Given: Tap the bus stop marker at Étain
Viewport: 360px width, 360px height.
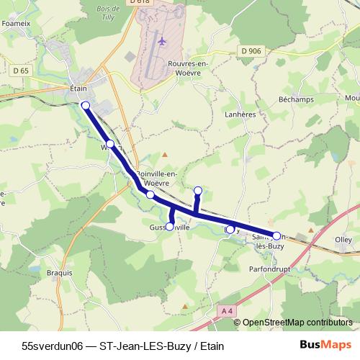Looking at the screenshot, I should (x=86, y=106).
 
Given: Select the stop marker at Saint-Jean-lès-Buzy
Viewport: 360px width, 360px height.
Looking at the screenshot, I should (x=276, y=235).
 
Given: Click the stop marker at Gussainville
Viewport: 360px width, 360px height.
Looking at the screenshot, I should (x=170, y=226).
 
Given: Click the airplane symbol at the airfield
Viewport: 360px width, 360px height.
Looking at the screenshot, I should (x=161, y=42).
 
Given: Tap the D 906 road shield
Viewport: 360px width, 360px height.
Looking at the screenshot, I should (x=251, y=50).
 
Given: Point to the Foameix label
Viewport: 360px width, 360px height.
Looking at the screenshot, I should (x=15, y=22).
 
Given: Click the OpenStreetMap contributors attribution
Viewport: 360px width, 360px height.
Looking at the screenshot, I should (x=297, y=323).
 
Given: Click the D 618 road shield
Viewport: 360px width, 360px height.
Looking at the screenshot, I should (x=141, y=3).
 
